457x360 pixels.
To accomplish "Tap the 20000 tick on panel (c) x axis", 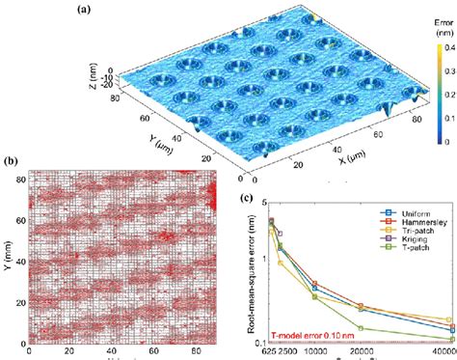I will pyautogui.click(x=360, y=354).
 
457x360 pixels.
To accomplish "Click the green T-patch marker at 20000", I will pyautogui.click(x=360, y=327).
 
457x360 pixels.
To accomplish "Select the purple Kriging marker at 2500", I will pyautogui.click(x=280, y=233).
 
